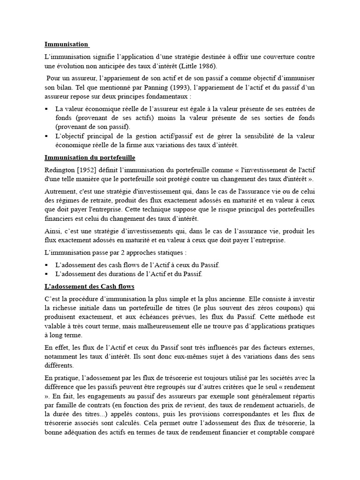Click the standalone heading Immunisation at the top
[66, 45]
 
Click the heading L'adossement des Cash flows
[89, 286]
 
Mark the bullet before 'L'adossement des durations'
[46, 274]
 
